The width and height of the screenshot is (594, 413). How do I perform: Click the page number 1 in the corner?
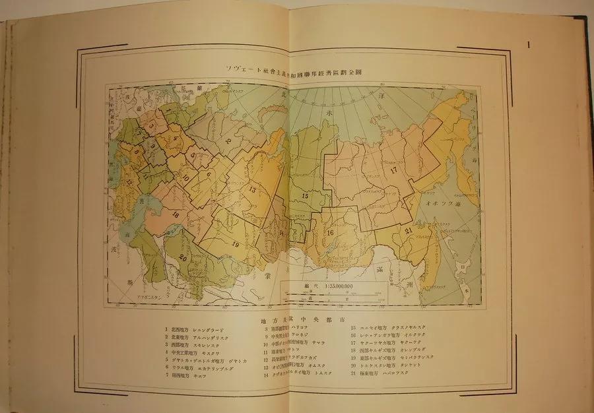[530, 46]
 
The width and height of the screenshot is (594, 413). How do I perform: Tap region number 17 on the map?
[394, 170]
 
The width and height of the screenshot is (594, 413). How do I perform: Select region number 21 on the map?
[409, 230]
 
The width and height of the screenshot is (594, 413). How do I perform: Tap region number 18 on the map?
[176, 214]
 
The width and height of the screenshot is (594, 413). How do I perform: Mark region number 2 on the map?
[228, 140]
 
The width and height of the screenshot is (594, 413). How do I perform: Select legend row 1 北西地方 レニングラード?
[198, 329]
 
